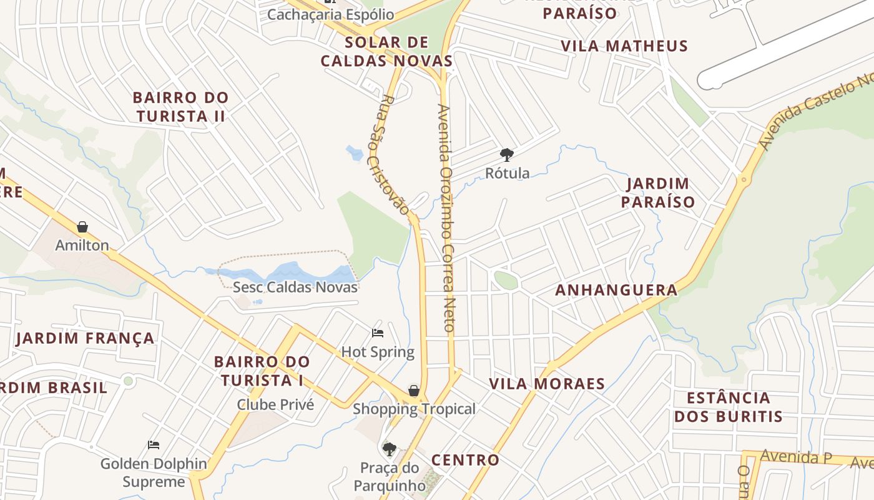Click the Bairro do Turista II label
[180, 107]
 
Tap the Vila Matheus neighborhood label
[624, 46]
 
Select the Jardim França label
[85, 338]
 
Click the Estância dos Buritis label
[728, 407]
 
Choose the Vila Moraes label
[547, 384]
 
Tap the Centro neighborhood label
[466, 460]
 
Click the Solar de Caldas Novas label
[386, 52]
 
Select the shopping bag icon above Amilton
[82, 227]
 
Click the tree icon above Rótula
[507, 154]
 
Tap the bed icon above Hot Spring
[378, 332]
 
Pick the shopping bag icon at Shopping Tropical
[413, 391]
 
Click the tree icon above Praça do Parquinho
[390, 448]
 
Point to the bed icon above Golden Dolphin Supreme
[154, 445]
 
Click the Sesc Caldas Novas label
[295, 287]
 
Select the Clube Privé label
[275, 404]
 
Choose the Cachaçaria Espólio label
[330, 14]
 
